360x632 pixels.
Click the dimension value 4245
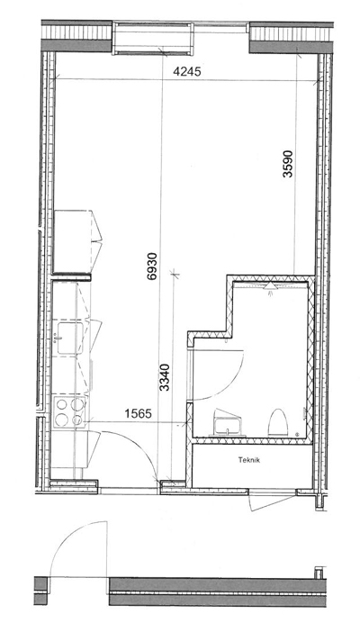click(186, 72)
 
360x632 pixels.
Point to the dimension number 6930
click(151, 266)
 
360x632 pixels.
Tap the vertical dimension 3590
click(287, 164)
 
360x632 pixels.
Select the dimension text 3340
click(165, 377)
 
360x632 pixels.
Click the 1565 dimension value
click(138, 413)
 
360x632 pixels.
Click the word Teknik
click(248, 460)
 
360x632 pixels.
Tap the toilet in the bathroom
click(278, 422)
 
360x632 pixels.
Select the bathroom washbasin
click(228, 424)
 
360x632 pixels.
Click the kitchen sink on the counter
click(69, 338)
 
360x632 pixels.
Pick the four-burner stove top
click(69, 411)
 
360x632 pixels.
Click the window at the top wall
click(152, 39)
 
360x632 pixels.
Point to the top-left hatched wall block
click(76, 36)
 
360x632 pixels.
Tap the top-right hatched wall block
click(291, 38)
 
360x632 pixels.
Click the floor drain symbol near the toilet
click(297, 435)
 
